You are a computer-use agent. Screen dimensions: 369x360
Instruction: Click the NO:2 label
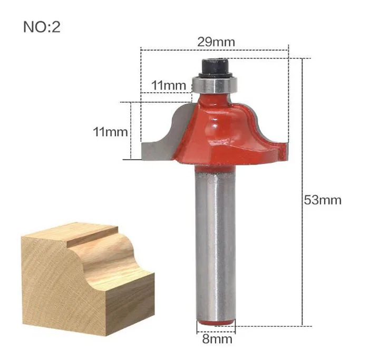pos(42,27)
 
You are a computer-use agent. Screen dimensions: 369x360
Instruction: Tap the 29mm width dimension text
pos(216,42)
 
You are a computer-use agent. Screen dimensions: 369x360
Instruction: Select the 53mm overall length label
pos(323,200)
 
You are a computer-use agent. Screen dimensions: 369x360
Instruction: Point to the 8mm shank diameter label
pos(217,339)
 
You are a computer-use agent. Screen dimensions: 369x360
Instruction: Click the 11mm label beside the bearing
pos(169,85)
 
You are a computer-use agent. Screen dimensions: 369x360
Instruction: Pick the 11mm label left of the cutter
pos(110,132)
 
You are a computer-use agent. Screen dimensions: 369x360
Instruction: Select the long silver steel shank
pos(215,245)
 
